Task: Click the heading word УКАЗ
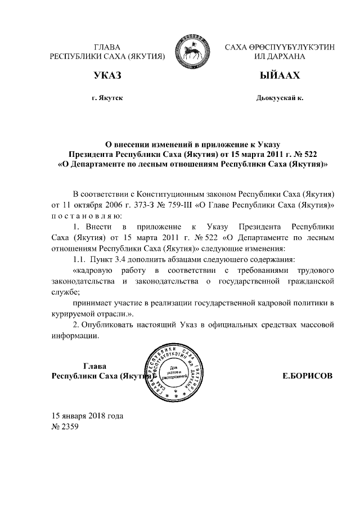107,75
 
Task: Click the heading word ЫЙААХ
279,75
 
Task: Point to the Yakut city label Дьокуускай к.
279,98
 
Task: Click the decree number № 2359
65,426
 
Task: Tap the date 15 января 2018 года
87,416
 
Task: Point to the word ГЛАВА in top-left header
107,47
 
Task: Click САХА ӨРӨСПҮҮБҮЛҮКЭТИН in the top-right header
279,47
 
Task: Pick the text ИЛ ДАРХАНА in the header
279,57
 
